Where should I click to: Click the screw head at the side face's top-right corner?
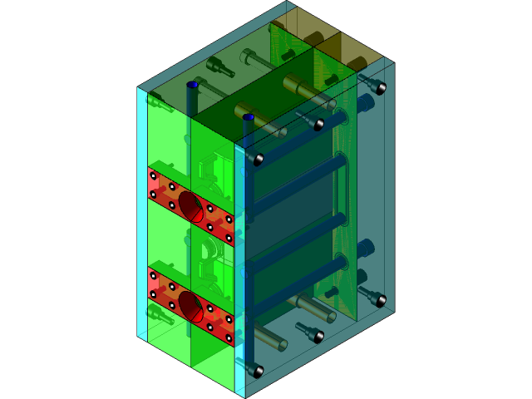(x=381, y=86)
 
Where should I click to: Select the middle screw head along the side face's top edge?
(x=318, y=124)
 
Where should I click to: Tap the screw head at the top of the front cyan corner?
(x=258, y=158)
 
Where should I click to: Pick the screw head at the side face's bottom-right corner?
(x=381, y=299)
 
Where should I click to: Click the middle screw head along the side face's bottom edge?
(x=318, y=336)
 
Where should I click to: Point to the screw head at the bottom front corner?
(x=258, y=371)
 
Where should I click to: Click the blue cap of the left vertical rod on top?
(x=192, y=85)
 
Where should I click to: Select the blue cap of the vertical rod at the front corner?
(x=248, y=117)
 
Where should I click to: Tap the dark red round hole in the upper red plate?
(x=190, y=206)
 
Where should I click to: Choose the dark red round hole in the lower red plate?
(x=190, y=306)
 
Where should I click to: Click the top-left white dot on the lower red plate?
(x=153, y=275)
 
